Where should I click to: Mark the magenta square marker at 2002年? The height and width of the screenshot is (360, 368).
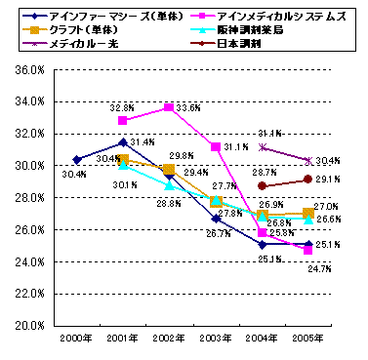(169, 108)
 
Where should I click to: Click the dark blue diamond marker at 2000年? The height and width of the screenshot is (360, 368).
(76, 159)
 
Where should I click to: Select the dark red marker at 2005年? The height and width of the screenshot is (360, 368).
(308, 180)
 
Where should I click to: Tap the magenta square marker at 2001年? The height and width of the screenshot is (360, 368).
(123, 121)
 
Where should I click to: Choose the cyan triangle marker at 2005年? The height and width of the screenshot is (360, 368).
(308, 220)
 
